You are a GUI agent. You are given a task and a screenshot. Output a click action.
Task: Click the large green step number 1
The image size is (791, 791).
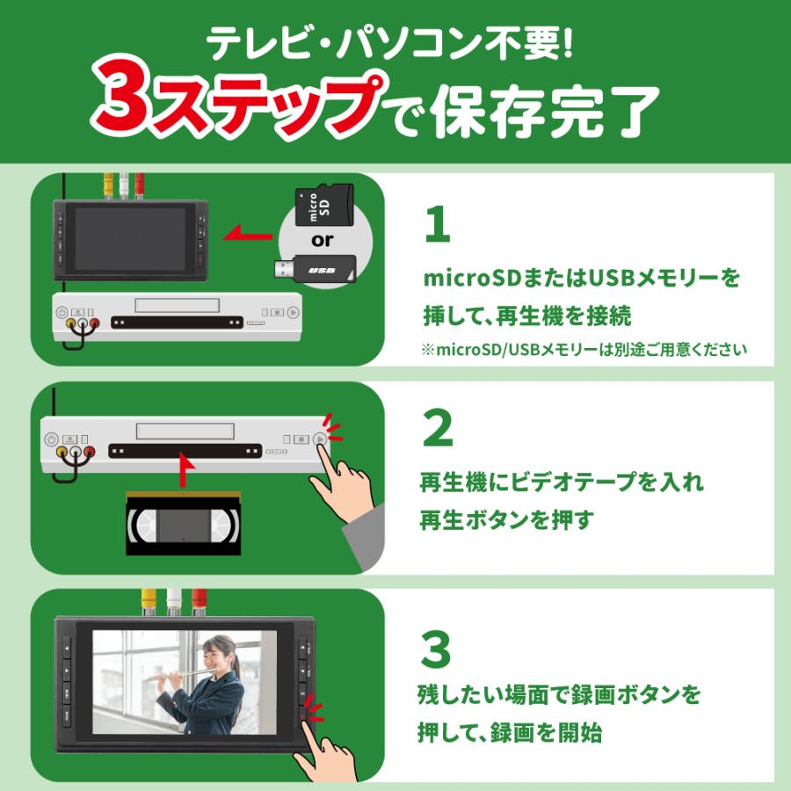(x=437, y=227)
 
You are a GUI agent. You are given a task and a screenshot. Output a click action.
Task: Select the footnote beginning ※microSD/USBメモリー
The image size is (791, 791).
(x=584, y=349)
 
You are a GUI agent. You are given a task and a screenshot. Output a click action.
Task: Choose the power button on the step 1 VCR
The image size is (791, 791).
(x=62, y=312)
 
